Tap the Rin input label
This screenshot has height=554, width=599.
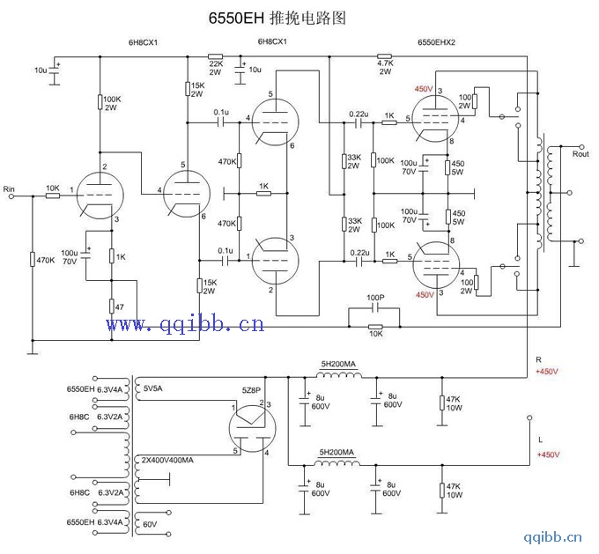pyautogui.click(x=10, y=189)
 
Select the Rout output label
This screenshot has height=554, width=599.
pyautogui.click(x=581, y=154)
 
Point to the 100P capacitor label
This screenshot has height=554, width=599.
pyautogui.click(x=376, y=299)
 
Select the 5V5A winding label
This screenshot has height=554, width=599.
pyautogui.click(x=153, y=388)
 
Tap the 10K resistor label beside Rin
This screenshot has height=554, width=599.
pyautogui.click(x=52, y=188)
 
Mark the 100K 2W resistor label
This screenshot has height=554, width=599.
pyautogui.click(x=111, y=103)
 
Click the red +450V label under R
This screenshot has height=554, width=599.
pyautogui.click(x=548, y=371)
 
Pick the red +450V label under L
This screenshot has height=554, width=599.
pyautogui.click(x=548, y=454)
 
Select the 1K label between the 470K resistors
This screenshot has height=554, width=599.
pyautogui.click(x=263, y=185)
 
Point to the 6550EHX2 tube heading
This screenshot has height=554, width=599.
pyautogui.click(x=437, y=41)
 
